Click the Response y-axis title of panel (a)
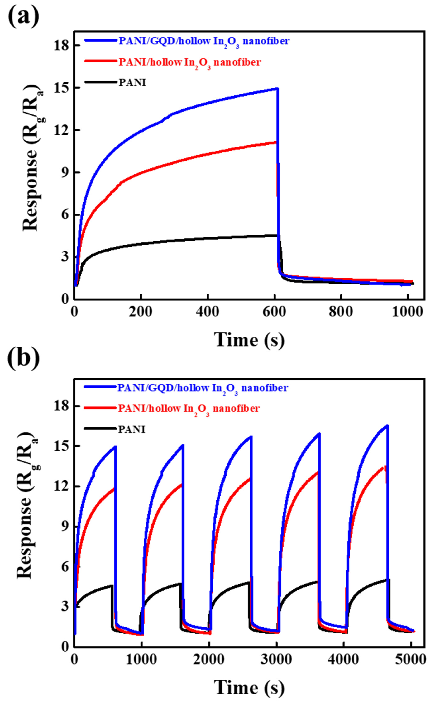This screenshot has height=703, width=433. click(31, 157)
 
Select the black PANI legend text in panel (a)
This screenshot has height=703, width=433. click(132, 83)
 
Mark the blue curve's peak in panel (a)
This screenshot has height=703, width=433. click(277, 89)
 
